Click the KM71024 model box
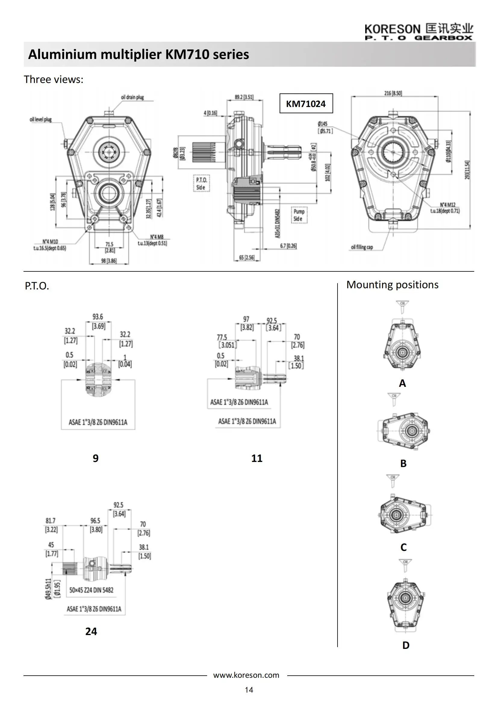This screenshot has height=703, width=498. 306,103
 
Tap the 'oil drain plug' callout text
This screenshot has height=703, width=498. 132,97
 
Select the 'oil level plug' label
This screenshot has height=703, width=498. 40,119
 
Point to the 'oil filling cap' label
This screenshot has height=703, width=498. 362,247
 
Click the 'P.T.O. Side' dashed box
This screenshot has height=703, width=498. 201,183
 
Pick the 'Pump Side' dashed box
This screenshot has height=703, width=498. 299,215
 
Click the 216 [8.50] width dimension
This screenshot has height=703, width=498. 393,93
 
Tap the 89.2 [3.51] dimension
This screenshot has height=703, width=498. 244,97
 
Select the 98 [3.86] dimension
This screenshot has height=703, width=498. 109,261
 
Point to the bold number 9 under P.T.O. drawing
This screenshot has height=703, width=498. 96,458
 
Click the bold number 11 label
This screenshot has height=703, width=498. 257,458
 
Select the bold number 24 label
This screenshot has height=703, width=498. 91,631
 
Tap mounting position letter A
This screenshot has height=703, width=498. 402,383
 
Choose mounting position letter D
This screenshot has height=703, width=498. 406,645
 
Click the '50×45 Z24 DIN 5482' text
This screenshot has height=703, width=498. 92,590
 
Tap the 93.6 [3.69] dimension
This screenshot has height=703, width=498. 98,321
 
